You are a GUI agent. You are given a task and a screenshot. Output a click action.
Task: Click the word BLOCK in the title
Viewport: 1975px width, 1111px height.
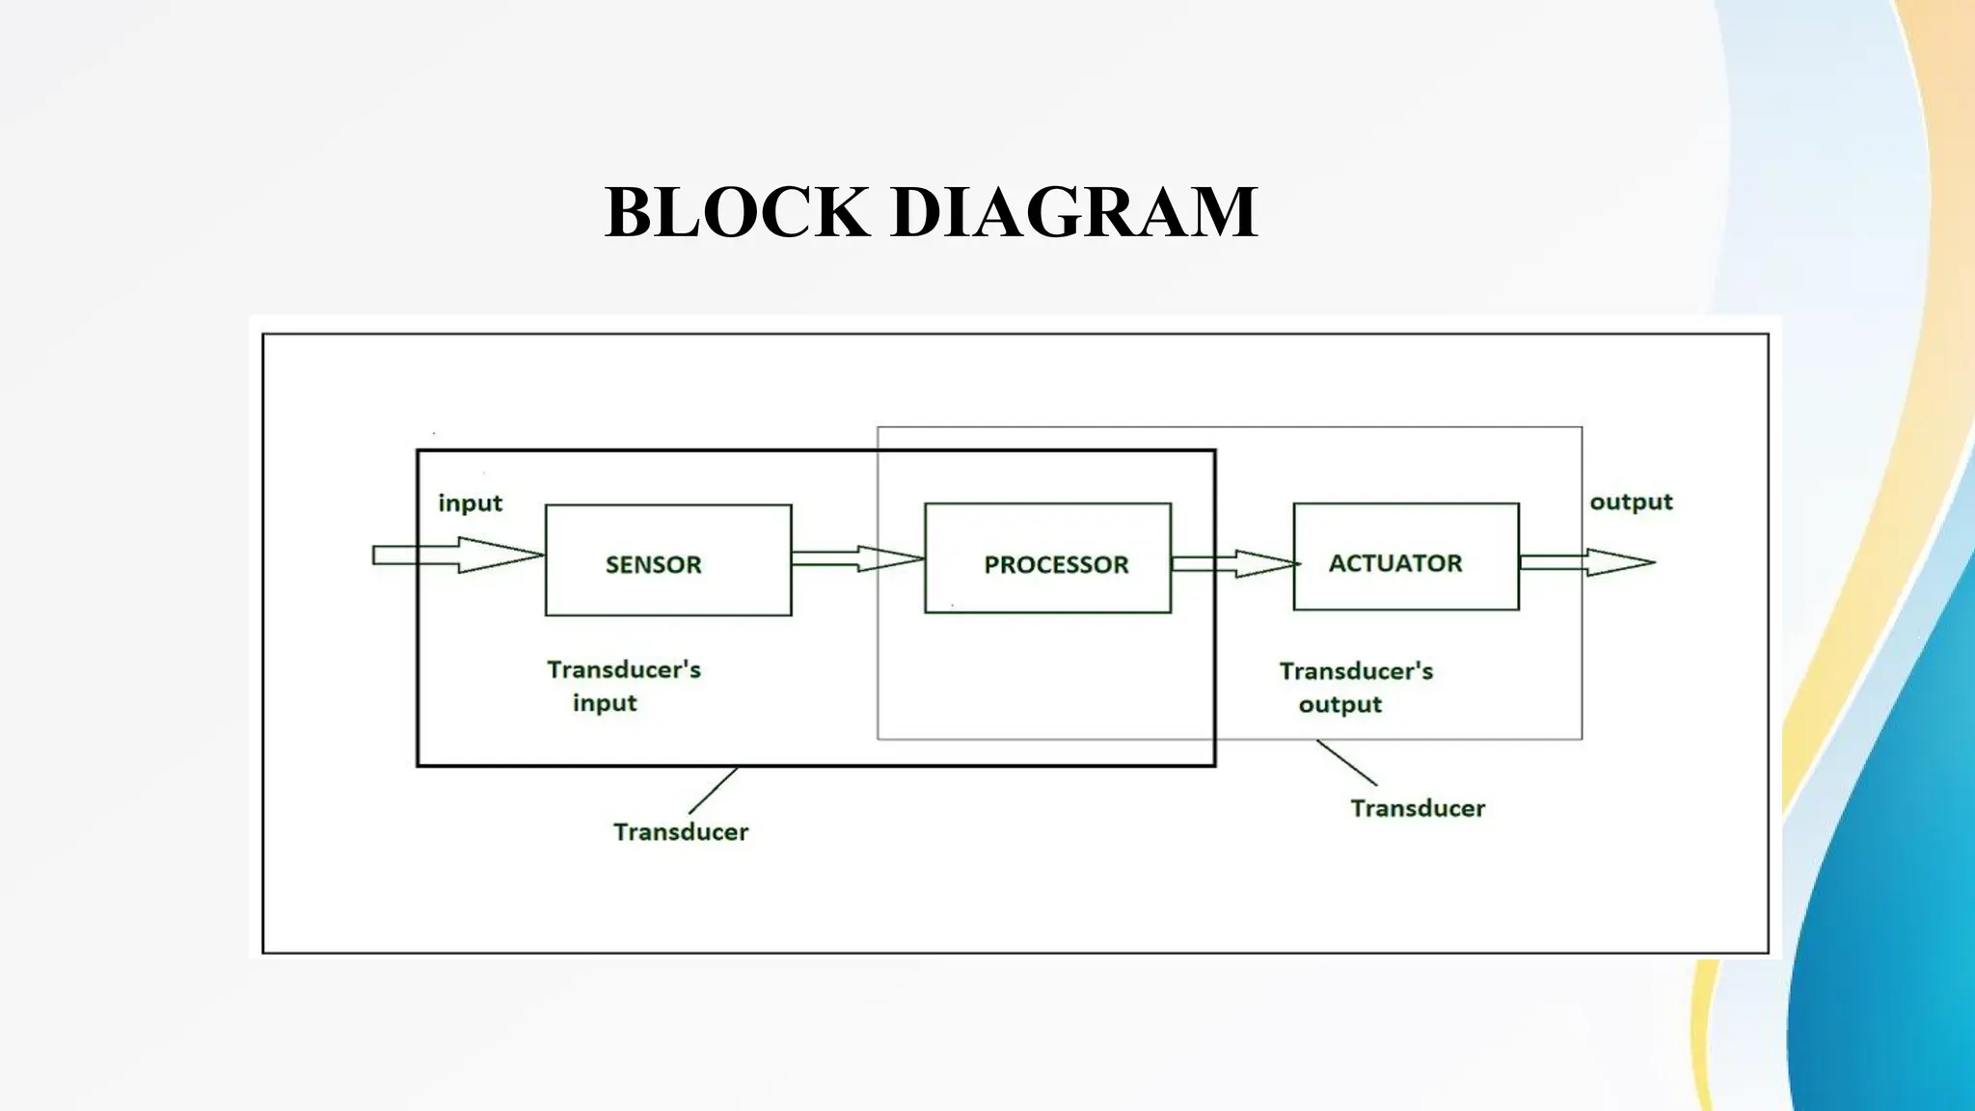[x=736, y=212]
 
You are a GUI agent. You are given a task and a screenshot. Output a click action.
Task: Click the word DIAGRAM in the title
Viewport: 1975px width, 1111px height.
[x=1074, y=212]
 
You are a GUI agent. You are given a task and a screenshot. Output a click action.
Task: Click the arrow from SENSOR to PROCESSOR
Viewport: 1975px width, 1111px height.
[x=857, y=558]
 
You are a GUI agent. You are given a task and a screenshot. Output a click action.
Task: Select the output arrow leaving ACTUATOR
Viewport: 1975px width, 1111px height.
[x=1587, y=562]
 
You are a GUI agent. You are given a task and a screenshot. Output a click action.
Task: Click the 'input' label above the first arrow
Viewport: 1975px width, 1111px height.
[x=470, y=503]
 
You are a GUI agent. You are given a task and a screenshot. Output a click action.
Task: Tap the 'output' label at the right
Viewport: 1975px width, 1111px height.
[x=1631, y=502]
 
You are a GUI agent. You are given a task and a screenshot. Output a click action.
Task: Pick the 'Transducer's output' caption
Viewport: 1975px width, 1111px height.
[x=1355, y=688]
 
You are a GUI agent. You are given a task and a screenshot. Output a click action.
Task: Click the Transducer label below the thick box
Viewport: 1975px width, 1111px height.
[x=680, y=832]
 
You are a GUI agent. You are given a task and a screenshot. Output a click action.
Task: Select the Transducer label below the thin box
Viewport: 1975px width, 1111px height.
[x=1417, y=808]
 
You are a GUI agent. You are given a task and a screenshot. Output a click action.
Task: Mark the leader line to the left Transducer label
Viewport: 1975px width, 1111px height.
[x=714, y=791]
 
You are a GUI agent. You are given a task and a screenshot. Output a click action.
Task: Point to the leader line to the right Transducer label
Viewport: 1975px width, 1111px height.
[x=1346, y=762]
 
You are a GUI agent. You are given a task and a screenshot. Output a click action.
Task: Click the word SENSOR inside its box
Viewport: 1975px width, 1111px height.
[x=653, y=565]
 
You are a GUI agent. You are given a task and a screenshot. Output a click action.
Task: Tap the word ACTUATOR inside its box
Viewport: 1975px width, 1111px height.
[x=1394, y=563]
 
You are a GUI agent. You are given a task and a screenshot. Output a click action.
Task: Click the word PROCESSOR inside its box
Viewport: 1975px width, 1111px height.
[x=1055, y=565]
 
